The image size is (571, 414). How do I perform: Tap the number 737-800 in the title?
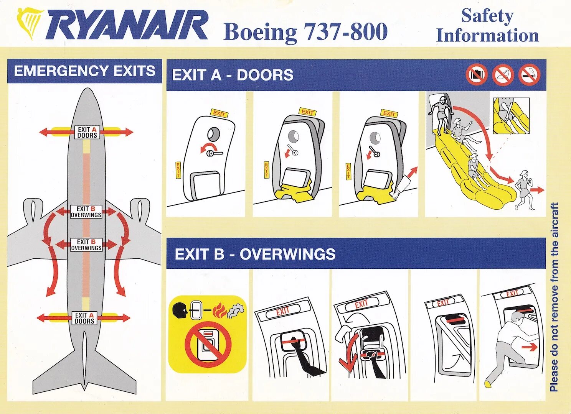pyautogui.click(x=345, y=32)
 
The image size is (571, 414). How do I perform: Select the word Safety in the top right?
pyautogui.click(x=487, y=16)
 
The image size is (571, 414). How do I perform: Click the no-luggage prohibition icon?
pyautogui.click(x=477, y=74)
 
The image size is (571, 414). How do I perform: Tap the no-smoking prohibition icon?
pyautogui.click(x=529, y=75)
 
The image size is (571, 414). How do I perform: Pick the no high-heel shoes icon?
pyautogui.click(x=503, y=75)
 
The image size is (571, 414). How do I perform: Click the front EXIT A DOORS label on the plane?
pyautogui.click(x=87, y=132)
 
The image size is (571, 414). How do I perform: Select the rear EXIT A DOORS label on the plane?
pyautogui.click(x=84, y=318)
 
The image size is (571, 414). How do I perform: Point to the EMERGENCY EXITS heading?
pyautogui.click(x=84, y=71)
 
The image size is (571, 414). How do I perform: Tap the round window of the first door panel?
pyautogui.click(x=214, y=134)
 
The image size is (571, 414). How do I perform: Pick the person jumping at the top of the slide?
pyautogui.click(x=442, y=113)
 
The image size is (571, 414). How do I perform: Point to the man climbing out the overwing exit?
pyautogui.click(x=510, y=345)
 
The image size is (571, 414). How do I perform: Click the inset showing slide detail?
pyautogui.click(x=511, y=115)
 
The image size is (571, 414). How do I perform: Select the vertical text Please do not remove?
pyautogui.click(x=554, y=297)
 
